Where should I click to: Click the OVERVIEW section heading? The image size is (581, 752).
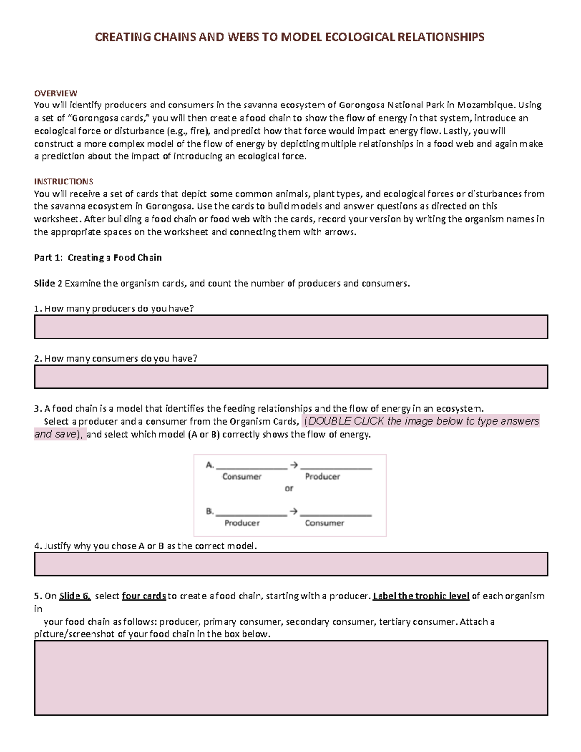click(56, 93)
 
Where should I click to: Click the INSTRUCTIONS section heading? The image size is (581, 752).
click(63, 182)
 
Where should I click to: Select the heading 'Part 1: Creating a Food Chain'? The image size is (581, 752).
click(98, 258)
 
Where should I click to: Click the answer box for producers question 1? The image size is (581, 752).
click(290, 327)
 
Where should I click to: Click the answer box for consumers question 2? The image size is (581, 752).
click(290, 377)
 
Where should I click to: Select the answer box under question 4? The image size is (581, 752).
click(290, 564)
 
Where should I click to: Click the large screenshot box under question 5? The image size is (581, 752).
click(290, 678)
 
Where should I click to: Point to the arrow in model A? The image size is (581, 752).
click(293, 465)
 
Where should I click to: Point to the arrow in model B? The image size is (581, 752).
click(293, 511)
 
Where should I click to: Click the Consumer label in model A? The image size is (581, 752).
click(242, 476)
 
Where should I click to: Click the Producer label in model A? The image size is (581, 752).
click(322, 476)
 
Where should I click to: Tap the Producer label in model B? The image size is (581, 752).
click(242, 523)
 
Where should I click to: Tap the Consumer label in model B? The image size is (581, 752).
click(324, 523)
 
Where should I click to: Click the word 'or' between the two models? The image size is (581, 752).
click(289, 489)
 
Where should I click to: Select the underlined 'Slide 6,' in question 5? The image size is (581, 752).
click(75, 596)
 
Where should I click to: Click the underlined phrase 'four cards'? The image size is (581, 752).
click(144, 596)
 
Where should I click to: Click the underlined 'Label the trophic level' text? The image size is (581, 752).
click(421, 596)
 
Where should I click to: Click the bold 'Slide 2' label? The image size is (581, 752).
click(48, 284)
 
